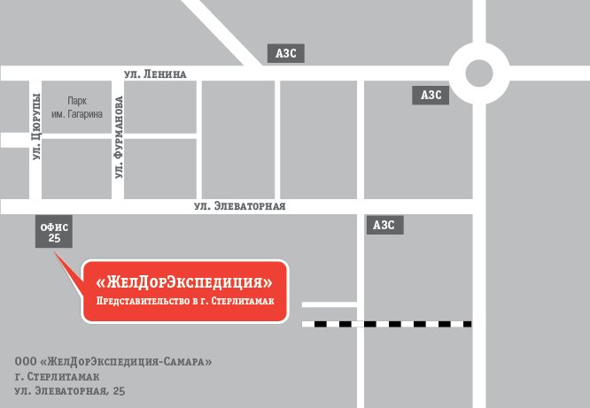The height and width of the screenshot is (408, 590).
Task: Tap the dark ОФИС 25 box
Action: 55,232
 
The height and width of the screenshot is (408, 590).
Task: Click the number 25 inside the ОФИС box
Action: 55,239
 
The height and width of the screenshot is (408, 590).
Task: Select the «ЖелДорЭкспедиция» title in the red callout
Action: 185,283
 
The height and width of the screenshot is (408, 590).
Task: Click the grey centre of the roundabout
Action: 478,73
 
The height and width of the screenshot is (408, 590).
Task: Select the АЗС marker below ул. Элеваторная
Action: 384,225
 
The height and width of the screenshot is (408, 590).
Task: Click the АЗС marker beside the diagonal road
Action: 286,53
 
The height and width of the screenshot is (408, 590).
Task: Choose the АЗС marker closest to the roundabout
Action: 431,95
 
